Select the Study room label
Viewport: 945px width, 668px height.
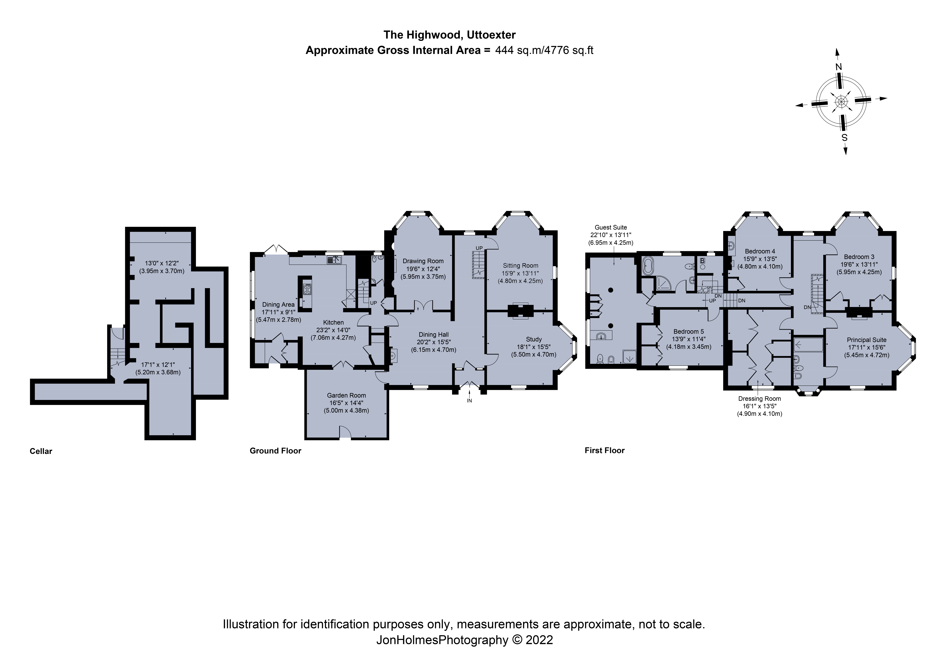click(534, 339)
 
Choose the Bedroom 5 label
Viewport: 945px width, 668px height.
click(689, 332)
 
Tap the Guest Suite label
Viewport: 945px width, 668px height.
click(611, 227)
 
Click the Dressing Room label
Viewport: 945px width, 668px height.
click(759, 399)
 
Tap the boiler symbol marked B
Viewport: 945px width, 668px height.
click(702, 261)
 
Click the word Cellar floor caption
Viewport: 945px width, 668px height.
click(41, 451)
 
